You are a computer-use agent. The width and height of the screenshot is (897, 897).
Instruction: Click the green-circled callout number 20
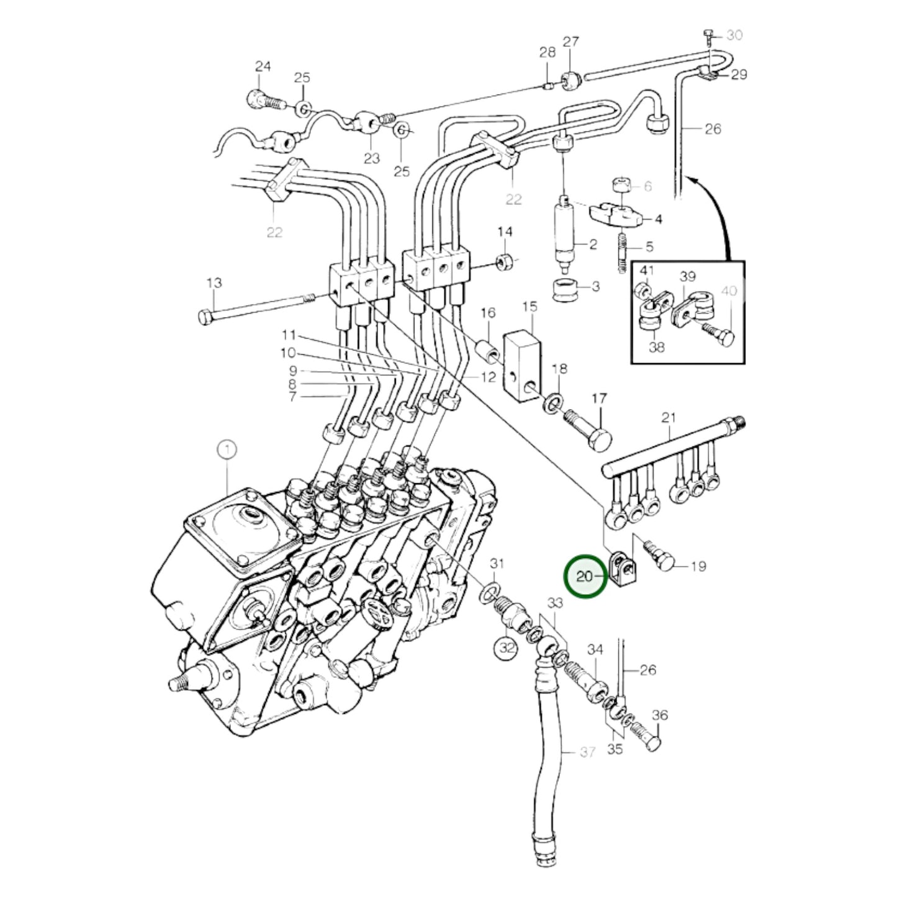(584, 577)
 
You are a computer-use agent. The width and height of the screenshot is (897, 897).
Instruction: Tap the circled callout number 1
(227, 449)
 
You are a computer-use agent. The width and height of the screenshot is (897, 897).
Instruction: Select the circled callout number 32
(507, 647)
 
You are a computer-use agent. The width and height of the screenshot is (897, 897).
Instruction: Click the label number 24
(263, 66)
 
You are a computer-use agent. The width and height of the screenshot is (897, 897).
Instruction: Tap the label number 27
(570, 42)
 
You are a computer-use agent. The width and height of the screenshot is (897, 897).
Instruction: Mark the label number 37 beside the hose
(587, 752)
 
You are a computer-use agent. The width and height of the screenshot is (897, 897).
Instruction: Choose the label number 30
(734, 35)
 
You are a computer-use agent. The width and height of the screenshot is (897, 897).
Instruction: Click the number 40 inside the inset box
(729, 291)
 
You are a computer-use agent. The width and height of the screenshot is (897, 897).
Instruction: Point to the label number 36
(660, 716)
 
